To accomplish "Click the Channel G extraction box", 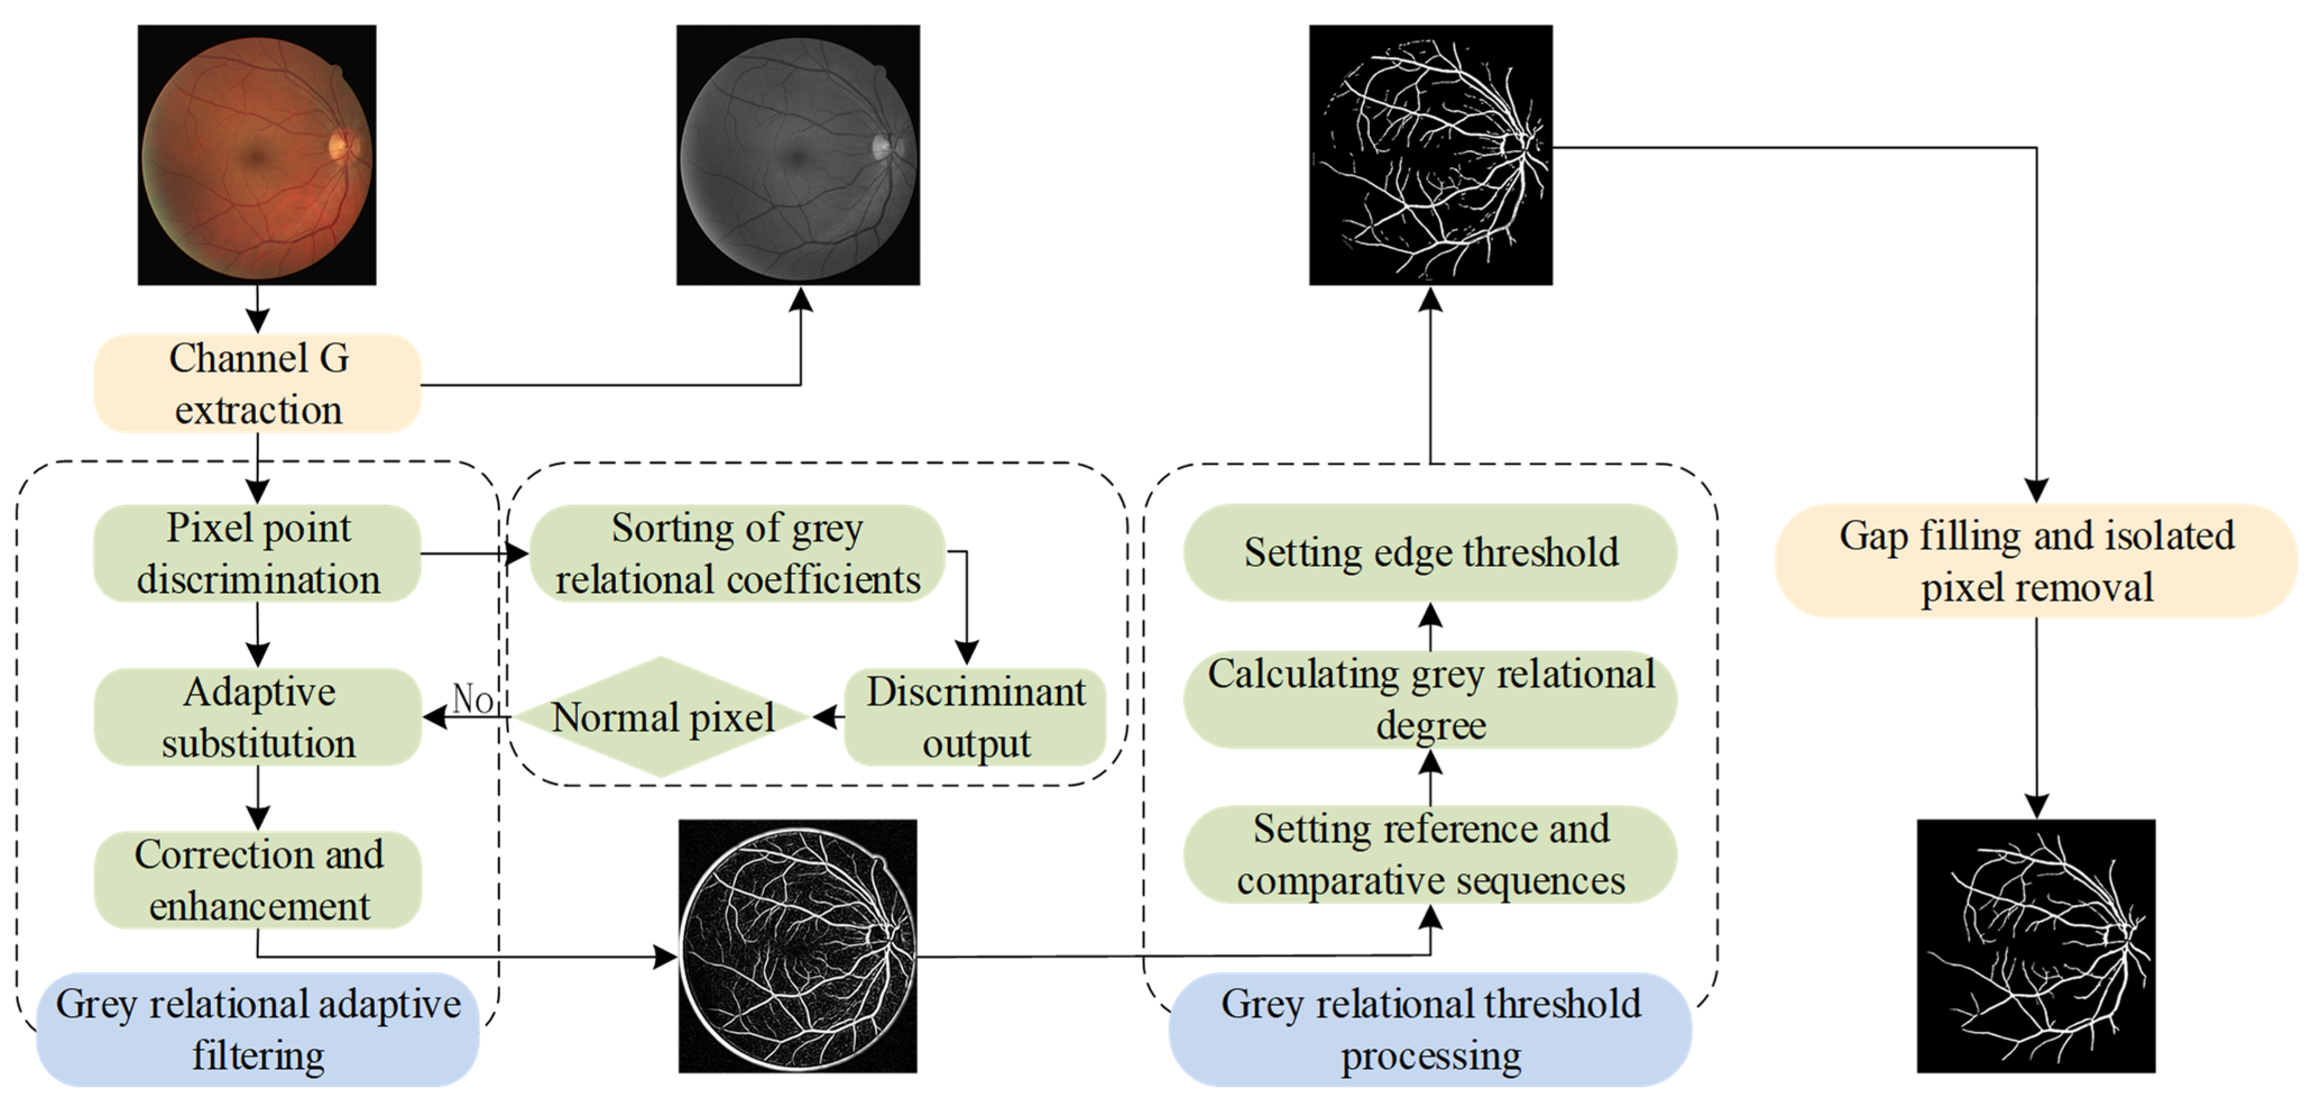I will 258,384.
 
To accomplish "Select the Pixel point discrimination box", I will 258,553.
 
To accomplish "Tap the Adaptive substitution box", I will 258,717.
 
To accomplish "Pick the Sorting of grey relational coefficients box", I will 737,553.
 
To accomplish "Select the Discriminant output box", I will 975,717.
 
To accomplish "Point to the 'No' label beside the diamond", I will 472,698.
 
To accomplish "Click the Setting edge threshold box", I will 1431,552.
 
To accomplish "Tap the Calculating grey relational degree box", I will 1431,699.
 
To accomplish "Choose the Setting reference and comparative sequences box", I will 1431,854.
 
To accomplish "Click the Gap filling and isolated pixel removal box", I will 2036,561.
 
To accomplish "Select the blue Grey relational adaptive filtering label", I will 258,1029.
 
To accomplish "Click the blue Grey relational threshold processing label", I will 1431,1029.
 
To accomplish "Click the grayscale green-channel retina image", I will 798,155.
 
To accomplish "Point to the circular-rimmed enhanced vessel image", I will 798,945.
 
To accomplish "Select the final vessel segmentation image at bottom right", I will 2036,945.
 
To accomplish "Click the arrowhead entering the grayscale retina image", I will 800,300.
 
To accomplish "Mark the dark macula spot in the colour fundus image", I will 257,158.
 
